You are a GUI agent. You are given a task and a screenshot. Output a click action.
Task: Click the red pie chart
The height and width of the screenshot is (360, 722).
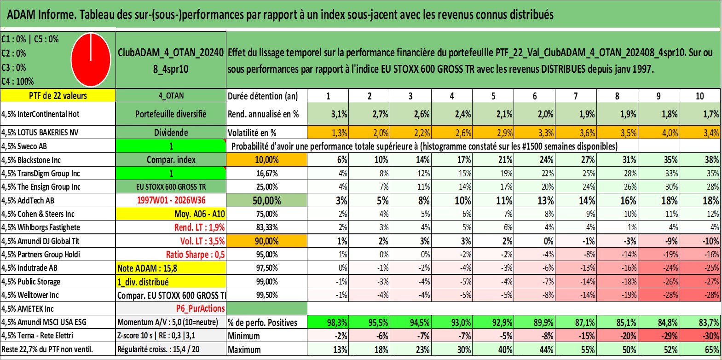coord(91,60)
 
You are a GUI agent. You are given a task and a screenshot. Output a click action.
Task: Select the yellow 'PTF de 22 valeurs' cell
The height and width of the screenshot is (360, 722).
coord(58,95)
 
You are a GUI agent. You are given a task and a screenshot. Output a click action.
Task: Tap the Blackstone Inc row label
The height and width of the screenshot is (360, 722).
coord(31,160)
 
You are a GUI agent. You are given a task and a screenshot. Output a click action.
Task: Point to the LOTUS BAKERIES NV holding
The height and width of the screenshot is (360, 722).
coord(40,133)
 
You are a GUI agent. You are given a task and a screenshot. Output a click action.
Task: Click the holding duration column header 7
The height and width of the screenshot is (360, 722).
coord(576,96)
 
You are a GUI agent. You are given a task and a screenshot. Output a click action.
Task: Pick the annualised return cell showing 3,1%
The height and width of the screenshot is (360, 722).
coord(328,114)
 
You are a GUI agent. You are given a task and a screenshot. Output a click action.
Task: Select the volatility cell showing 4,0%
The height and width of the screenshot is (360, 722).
coord(658,133)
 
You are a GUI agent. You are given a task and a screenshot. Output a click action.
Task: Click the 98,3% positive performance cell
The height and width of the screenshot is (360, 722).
coord(328,322)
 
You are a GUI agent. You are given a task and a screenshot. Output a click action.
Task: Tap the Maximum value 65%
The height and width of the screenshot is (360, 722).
coord(700,350)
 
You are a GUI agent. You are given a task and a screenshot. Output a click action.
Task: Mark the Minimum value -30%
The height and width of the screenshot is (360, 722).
coord(700,336)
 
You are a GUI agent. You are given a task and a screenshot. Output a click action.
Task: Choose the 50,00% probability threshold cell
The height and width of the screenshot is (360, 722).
coord(266,201)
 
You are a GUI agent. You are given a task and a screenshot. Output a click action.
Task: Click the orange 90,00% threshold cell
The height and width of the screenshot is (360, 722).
coord(266,241)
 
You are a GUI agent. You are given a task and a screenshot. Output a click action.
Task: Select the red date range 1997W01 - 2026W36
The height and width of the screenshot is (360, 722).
coord(171,200)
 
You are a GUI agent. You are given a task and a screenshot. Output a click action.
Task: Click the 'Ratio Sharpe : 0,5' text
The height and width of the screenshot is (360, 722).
coord(195,255)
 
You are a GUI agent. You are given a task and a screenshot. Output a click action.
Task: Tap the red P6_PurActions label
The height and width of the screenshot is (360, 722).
coord(200,309)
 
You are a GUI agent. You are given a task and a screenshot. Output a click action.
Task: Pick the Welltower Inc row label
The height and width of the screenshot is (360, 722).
coord(30,295)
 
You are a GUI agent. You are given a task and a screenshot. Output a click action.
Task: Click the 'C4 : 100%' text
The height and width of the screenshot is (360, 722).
coord(18,81)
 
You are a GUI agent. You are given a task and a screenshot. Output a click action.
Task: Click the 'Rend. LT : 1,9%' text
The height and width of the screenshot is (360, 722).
coord(200,227)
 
